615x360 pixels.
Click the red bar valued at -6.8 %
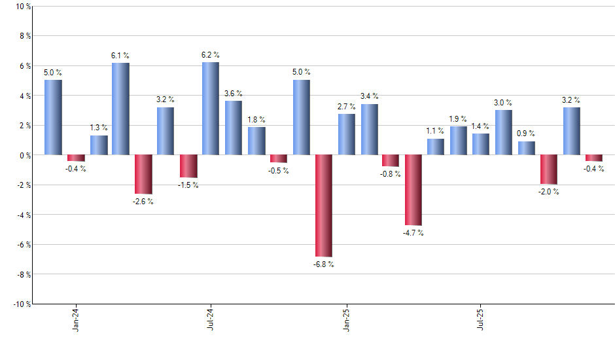coord(324,206)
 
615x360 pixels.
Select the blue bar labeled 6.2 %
coord(211,109)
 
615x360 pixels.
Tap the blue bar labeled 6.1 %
coord(120,109)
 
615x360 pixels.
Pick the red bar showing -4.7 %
coord(413,190)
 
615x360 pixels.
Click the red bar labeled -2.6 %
coord(143,174)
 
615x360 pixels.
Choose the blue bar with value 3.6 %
coord(234,128)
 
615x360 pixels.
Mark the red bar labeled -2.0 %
coord(549,170)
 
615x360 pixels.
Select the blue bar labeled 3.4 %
coord(369,130)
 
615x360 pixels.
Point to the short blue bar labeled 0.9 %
coord(526,148)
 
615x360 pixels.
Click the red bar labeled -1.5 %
coord(188,166)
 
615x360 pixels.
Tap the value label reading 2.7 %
coord(347,106)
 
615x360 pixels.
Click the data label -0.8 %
coord(391,174)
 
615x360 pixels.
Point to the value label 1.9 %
coord(459,118)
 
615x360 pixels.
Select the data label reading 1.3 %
coord(99,128)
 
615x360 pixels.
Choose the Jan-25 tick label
coord(347,318)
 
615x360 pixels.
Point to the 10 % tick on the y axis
coord(22,7)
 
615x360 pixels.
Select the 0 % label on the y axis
coord(24,155)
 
